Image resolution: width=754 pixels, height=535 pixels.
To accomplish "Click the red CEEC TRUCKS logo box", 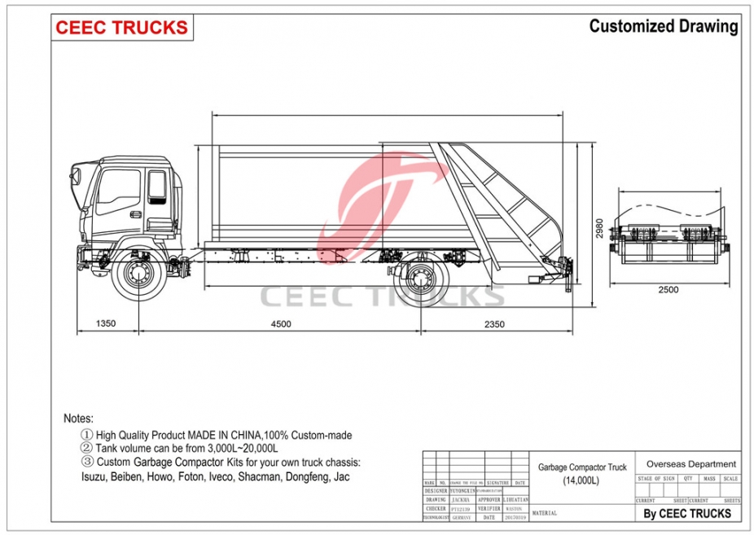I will pos(121,27).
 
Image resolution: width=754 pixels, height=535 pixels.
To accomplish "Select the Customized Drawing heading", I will pos(663,26).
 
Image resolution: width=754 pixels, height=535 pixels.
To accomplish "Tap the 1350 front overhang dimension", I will pos(105,323).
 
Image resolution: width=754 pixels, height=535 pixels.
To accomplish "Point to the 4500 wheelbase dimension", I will pos(280,323).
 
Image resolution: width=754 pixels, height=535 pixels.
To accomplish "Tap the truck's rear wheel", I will pos(420,278).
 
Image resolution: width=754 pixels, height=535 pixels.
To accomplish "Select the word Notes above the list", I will pos(79,418).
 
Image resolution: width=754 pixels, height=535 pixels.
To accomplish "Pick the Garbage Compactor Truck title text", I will pos(582,467).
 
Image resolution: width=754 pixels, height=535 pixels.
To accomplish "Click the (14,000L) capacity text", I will pos(581,480).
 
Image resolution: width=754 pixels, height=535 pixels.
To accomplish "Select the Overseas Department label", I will pos(690,464).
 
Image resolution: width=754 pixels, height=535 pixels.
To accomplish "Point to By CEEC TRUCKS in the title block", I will pos(687,513).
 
